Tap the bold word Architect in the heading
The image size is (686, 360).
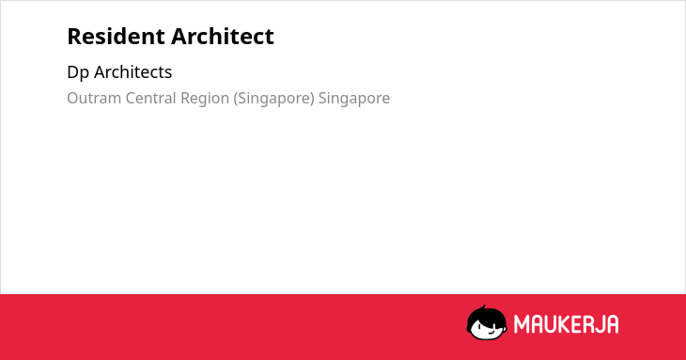[x=223, y=36]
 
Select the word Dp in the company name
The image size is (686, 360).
[x=78, y=72]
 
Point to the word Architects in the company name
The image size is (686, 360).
[x=133, y=71]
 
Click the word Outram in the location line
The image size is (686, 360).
[x=94, y=98]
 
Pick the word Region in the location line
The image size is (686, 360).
[x=205, y=99]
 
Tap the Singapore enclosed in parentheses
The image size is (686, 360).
[x=273, y=99]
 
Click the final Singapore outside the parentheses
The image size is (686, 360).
[x=354, y=99]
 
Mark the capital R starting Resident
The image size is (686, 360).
[x=74, y=37]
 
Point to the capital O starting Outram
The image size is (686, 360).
[x=72, y=99]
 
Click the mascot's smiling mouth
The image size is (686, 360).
[x=491, y=332]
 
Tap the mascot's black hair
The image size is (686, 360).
[x=486, y=316]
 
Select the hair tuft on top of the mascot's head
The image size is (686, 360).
[x=483, y=307]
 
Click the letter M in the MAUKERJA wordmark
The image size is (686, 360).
[x=522, y=324]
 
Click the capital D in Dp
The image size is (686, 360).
[x=72, y=72]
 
